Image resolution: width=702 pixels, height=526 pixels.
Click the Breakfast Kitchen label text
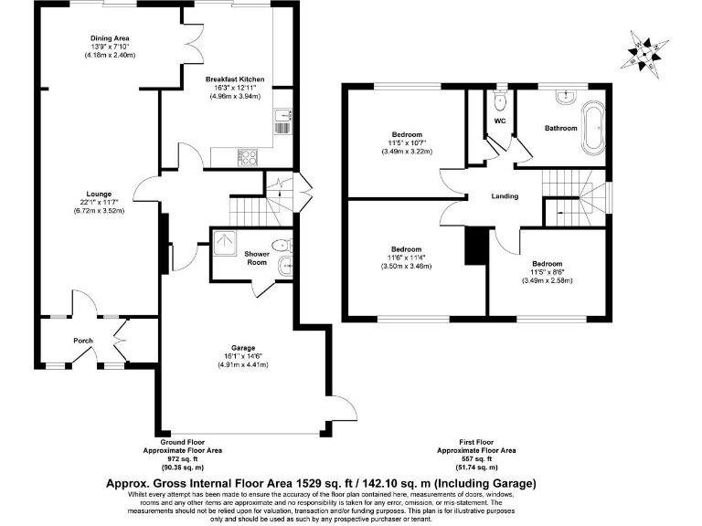point(235,79)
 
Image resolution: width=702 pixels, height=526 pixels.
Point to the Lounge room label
point(99,194)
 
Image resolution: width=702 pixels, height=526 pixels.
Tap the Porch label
point(83,341)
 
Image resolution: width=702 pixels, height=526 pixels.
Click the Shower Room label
point(257,258)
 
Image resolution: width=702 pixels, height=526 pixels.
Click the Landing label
point(505,196)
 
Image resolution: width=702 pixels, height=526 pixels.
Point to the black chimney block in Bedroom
point(473,245)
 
